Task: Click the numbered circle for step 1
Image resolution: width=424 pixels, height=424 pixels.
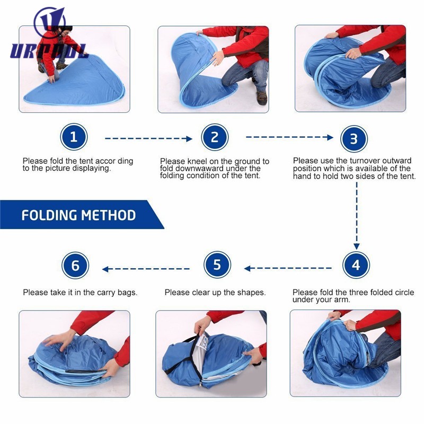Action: coord(74,137)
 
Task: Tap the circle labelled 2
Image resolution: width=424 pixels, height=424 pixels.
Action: coord(215,137)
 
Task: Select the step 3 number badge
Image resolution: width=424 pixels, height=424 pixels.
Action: coord(354,139)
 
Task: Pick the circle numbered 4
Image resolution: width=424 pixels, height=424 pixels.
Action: coord(356,264)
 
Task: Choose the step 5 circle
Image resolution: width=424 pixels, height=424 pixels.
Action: coord(217,264)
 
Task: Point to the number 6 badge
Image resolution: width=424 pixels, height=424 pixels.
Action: coord(75,266)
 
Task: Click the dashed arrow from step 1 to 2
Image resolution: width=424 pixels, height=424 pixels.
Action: coord(148,139)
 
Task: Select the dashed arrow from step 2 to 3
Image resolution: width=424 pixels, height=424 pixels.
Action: coord(289,137)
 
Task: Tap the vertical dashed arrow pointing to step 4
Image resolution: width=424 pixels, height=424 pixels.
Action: coord(357,216)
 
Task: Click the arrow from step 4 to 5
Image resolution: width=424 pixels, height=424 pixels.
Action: coord(288,269)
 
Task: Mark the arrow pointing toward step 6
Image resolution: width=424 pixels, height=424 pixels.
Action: coord(146,269)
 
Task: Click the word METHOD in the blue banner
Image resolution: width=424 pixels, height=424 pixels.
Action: coord(109,215)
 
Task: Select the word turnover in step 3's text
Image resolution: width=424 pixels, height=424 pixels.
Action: coord(348,161)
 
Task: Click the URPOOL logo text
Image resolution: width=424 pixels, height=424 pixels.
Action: coord(48,51)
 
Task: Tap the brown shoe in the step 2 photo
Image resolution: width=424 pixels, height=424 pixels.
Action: coord(261,98)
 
